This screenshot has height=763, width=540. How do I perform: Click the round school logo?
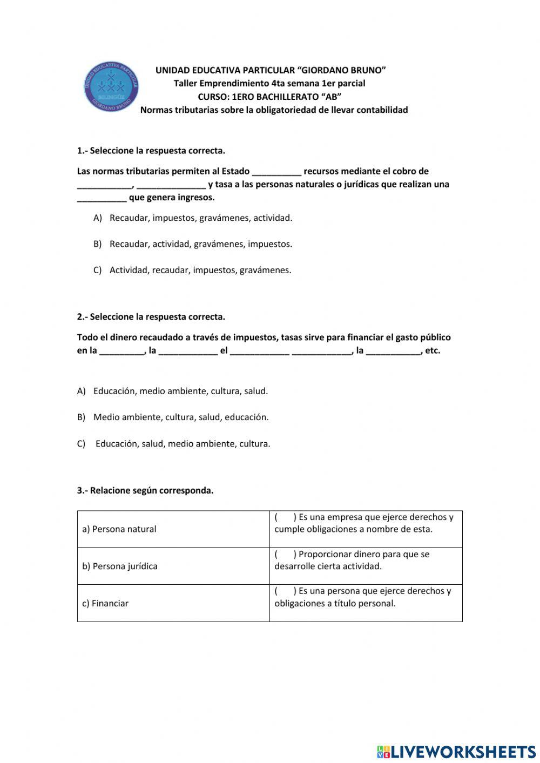point(111,87)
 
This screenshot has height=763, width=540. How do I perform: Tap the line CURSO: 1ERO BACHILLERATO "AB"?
point(269,97)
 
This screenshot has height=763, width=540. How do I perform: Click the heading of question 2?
point(151,317)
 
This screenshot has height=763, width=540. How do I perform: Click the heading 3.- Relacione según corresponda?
point(145,491)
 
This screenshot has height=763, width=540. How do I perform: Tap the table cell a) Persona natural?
point(119,529)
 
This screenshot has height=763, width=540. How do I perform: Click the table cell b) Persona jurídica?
point(120,566)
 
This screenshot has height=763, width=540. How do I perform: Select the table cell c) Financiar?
point(105,604)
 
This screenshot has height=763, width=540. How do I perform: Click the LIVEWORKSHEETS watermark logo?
point(456,752)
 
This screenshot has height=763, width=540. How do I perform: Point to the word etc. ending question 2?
point(433,350)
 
